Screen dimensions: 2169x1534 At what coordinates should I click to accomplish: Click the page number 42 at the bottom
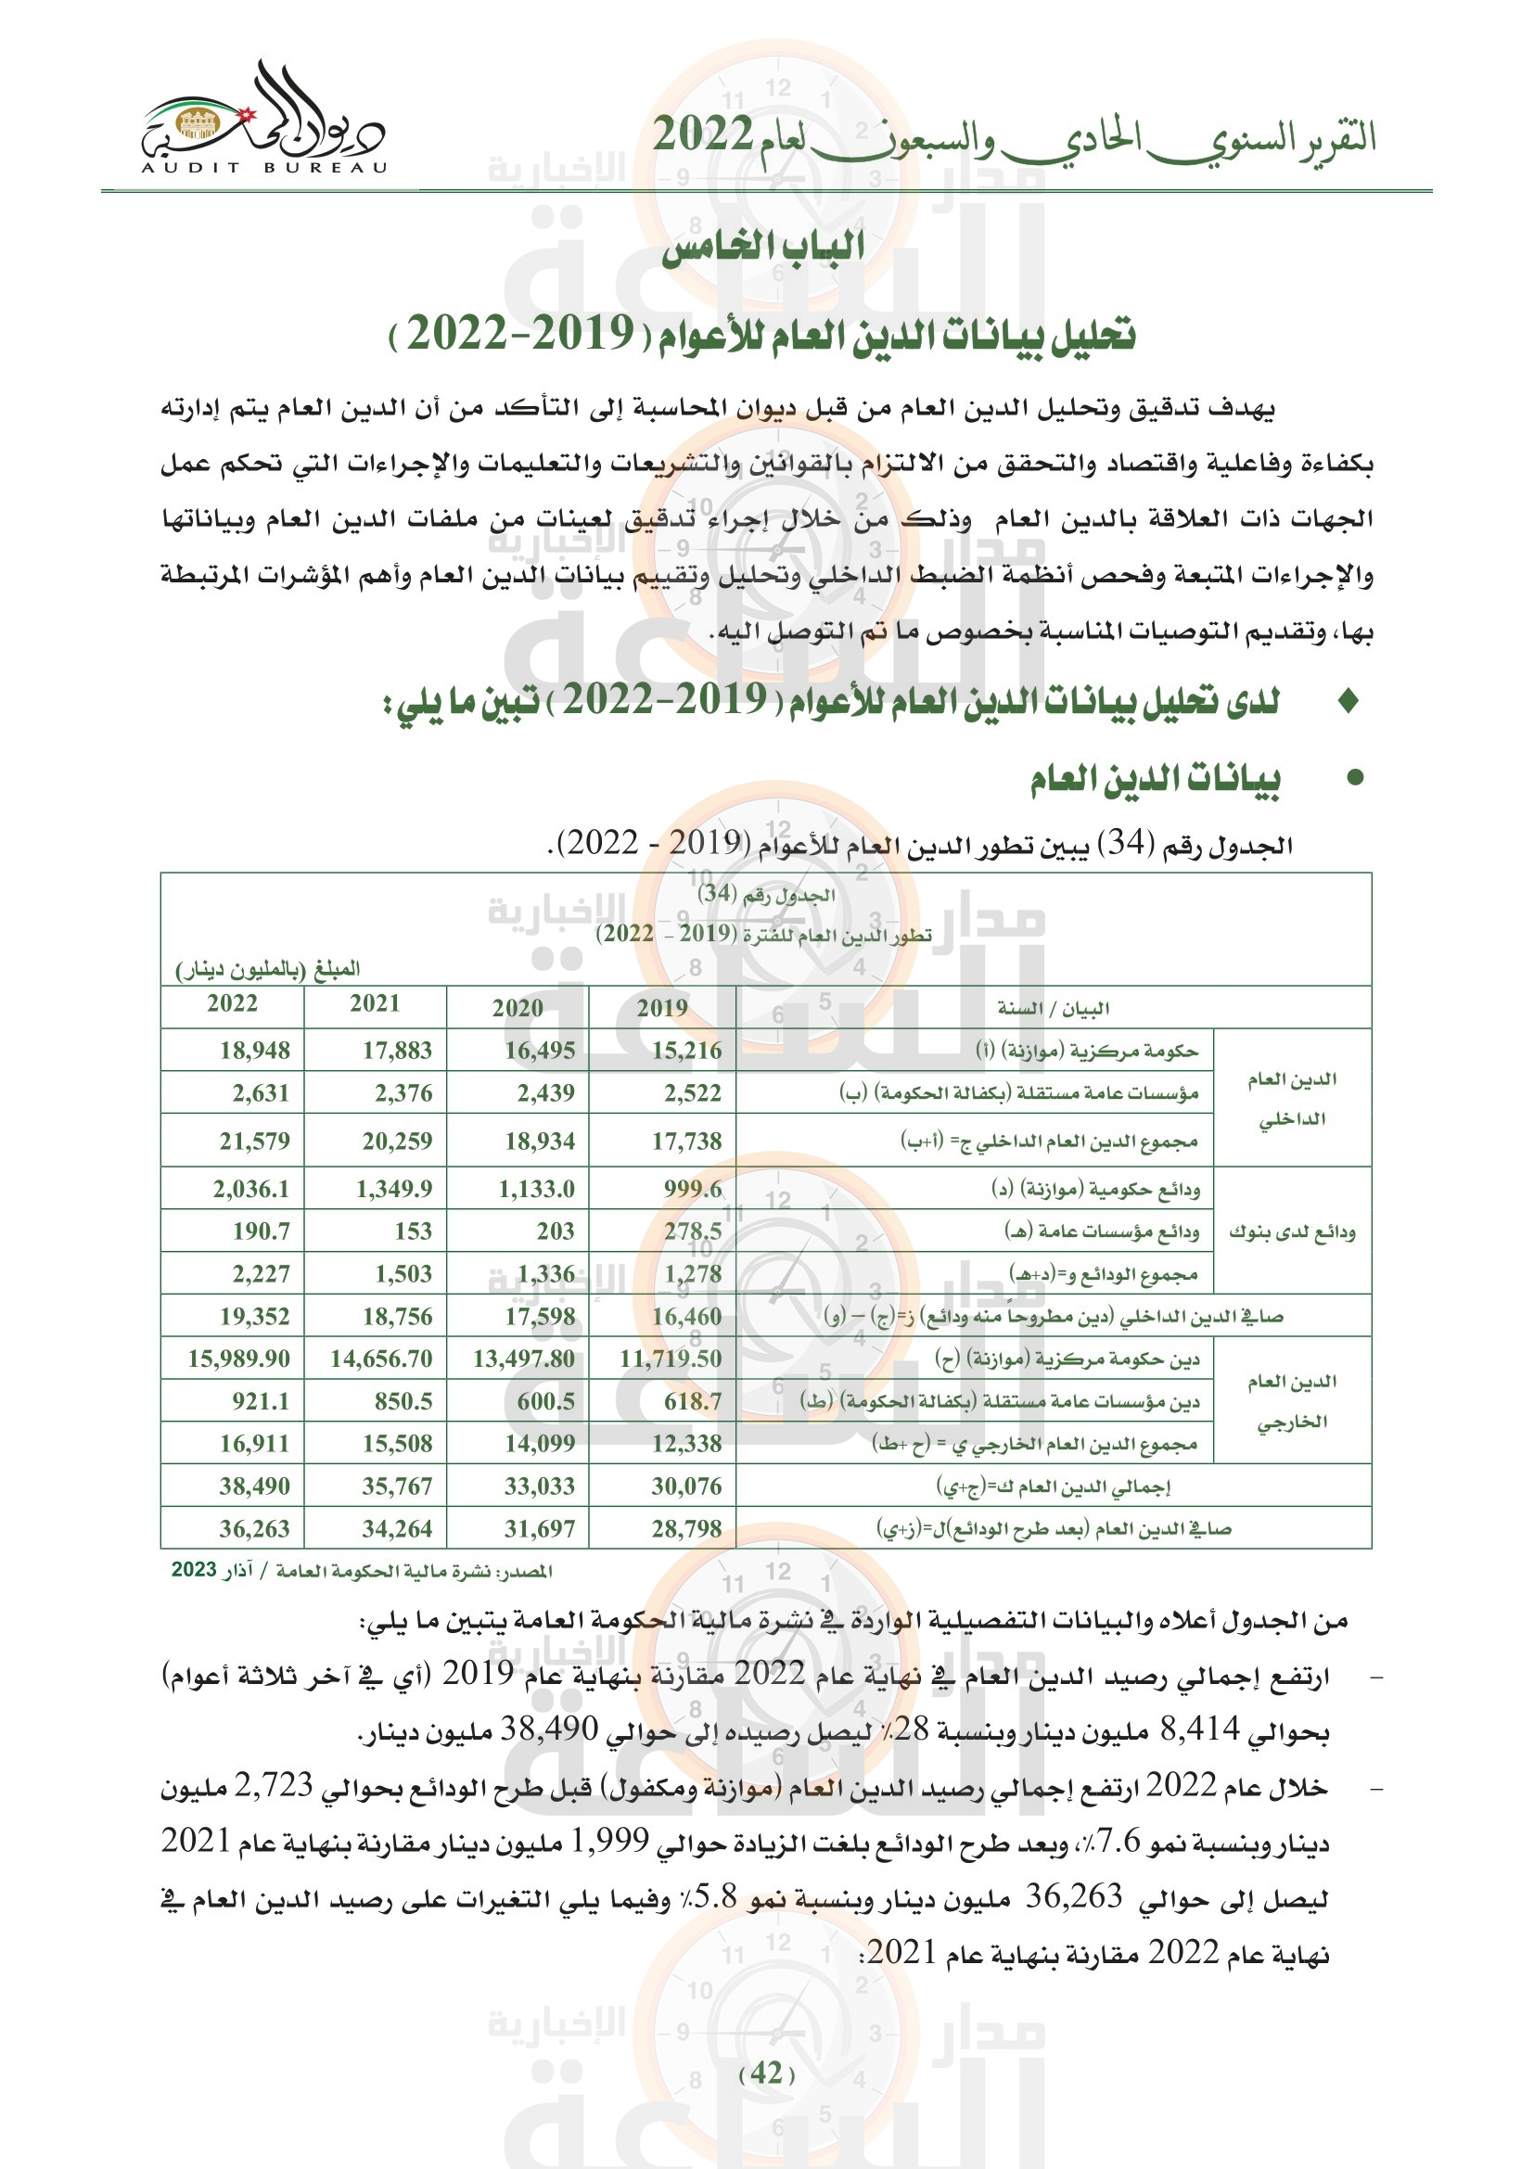[x=766, y=2073]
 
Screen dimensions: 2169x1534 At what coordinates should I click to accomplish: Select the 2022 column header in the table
[x=233, y=1003]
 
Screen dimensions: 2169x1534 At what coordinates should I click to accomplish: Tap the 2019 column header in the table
[x=661, y=1007]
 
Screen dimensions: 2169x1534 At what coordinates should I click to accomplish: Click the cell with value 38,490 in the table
[x=255, y=1486]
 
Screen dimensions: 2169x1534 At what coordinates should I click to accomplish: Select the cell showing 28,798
[x=685, y=1528]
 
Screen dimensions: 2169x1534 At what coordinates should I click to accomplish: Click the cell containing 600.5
[x=545, y=1401]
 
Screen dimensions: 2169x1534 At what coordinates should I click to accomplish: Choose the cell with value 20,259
[x=397, y=1142]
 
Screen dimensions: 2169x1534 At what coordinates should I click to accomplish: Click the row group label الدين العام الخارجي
[x=1291, y=1401]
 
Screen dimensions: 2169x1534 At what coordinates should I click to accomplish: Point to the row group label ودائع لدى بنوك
[x=1291, y=1231]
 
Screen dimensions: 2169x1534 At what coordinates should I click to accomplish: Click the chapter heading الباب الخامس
[x=763, y=248]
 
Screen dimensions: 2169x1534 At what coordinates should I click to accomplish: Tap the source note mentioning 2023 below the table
[x=362, y=1571]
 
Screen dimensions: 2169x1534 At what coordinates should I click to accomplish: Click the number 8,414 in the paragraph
[x=1198, y=1729]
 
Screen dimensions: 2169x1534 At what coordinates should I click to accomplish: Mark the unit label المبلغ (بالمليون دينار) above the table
[x=267, y=969]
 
